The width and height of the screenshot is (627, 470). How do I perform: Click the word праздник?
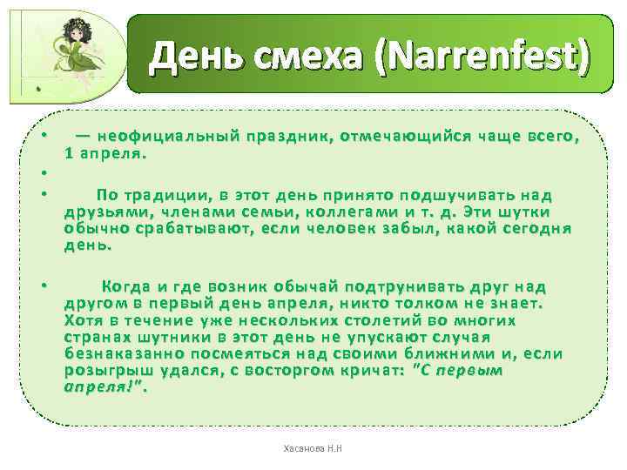coord(287,136)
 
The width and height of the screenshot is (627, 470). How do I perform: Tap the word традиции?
coord(160,195)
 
